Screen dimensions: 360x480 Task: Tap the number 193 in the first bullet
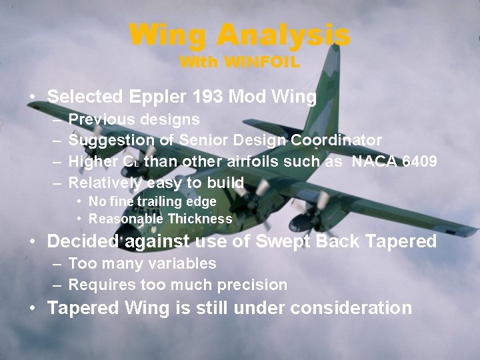[207, 97]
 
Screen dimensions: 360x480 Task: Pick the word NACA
[375, 161]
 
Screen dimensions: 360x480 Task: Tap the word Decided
[82, 241]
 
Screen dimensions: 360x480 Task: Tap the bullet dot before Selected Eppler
[33, 97]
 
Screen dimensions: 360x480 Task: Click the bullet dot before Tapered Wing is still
[33, 308]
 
